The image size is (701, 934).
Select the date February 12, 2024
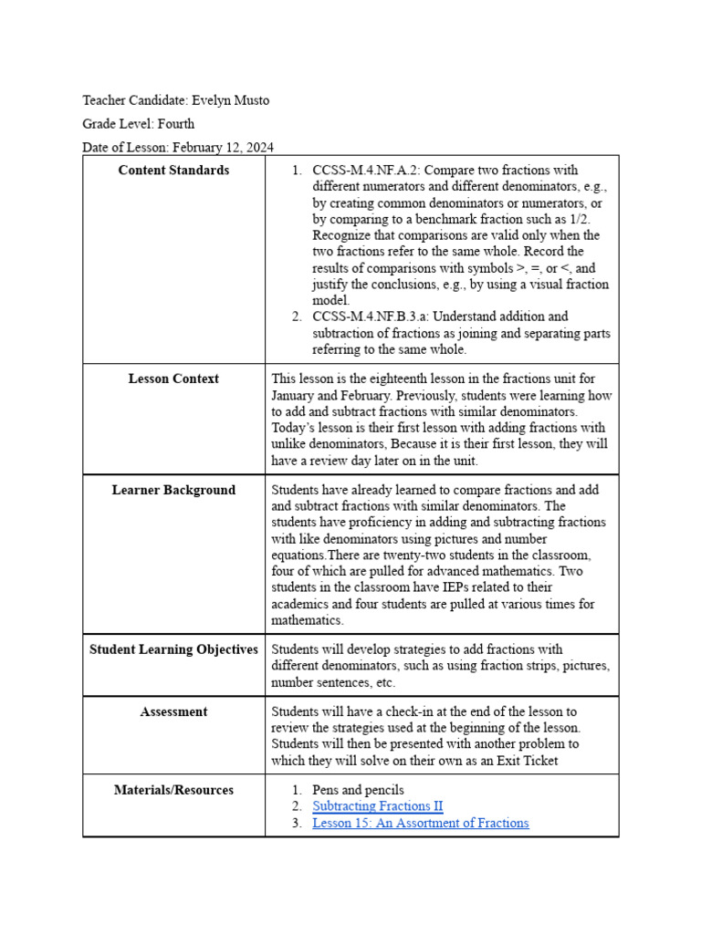pyautogui.click(x=223, y=147)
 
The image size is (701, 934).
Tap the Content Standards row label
pyautogui.click(x=173, y=171)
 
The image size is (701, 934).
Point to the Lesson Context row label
pyautogui.click(x=173, y=379)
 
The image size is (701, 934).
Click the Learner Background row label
pyautogui.click(x=173, y=490)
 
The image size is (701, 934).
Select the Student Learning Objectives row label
pyautogui.click(x=173, y=649)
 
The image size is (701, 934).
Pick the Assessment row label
pyautogui.click(x=173, y=711)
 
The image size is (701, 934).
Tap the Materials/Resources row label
pyautogui.click(x=173, y=790)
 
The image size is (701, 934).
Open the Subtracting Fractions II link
pyautogui.click(x=377, y=806)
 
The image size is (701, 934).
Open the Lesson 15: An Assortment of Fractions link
pyautogui.click(x=420, y=823)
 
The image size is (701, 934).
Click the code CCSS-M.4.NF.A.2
pyautogui.click(x=366, y=171)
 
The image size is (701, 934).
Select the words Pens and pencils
pyautogui.click(x=358, y=790)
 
